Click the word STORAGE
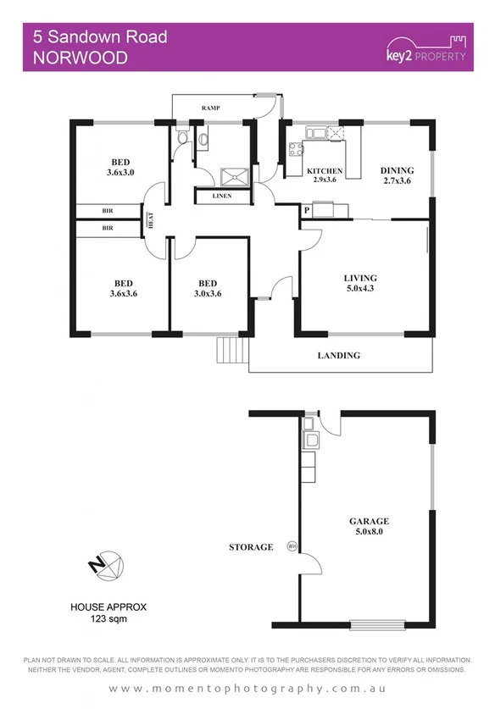point(251,547)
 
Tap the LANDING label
point(339,356)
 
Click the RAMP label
point(211,108)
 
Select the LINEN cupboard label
point(224,197)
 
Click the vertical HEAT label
point(151,219)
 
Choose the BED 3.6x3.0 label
point(122,166)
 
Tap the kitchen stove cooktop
point(296,151)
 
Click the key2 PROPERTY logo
point(425,48)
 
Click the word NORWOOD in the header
point(80,58)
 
